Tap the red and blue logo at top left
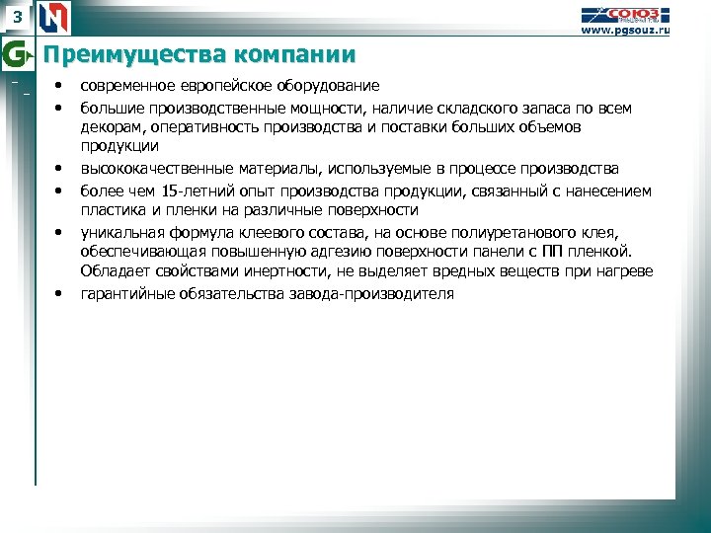coord(55,17)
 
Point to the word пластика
coord(112,210)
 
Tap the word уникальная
coord(121,231)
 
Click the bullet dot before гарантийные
coord(60,293)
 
